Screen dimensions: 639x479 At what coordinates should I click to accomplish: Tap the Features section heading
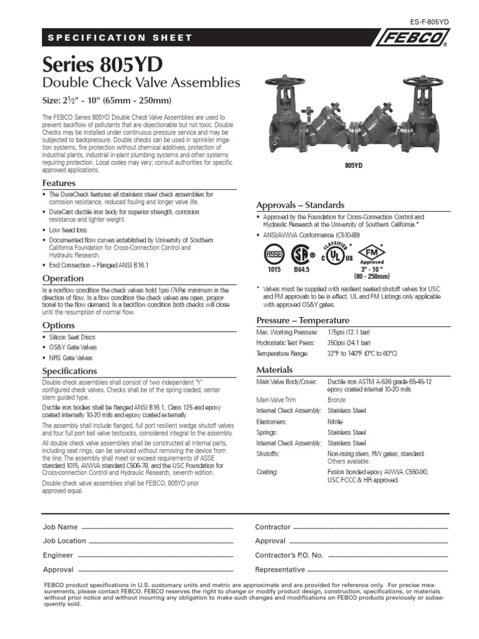click(x=59, y=183)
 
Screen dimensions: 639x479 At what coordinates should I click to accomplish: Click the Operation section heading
click(x=62, y=278)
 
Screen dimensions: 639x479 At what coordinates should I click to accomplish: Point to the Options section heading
click(x=58, y=325)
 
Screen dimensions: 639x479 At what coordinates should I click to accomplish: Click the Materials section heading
click(x=275, y=369)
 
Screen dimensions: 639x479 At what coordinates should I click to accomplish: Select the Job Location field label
click(x=64, y=541)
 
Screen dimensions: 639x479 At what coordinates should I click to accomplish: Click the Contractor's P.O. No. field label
click(x=289, y=555)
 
